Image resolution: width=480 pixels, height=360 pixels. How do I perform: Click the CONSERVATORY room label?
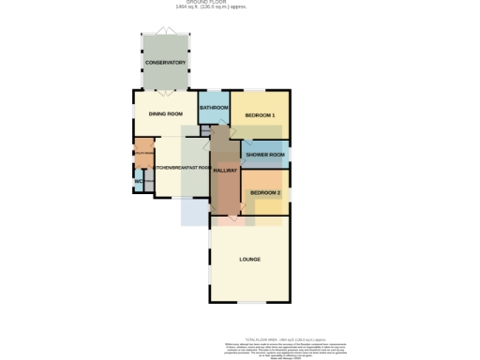(x=165, y=63)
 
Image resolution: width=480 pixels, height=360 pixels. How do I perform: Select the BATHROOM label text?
(x=214, y=108)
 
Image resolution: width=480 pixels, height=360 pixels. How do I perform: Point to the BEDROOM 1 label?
(x=260, y=115)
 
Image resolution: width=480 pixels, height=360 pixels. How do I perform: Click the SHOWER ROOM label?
(x=265, y=155)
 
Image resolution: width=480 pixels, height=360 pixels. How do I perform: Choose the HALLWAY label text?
(x=225, y=171)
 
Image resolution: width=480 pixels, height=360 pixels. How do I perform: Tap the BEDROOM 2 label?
(x=265, y=192)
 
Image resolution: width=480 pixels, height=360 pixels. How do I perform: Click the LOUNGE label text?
(x=250, y=259)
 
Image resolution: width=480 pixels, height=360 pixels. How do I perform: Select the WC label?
(x=138, y=181)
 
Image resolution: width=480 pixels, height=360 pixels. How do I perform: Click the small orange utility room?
(x=142, y=153)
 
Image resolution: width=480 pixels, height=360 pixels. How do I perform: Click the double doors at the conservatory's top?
(x=165, y=33)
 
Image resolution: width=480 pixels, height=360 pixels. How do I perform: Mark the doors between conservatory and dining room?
(x=165, y=91)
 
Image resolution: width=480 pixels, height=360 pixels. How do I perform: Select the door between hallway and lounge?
(x=226, y=219)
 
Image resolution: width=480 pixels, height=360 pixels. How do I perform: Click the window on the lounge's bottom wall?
(x=249, y=303)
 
